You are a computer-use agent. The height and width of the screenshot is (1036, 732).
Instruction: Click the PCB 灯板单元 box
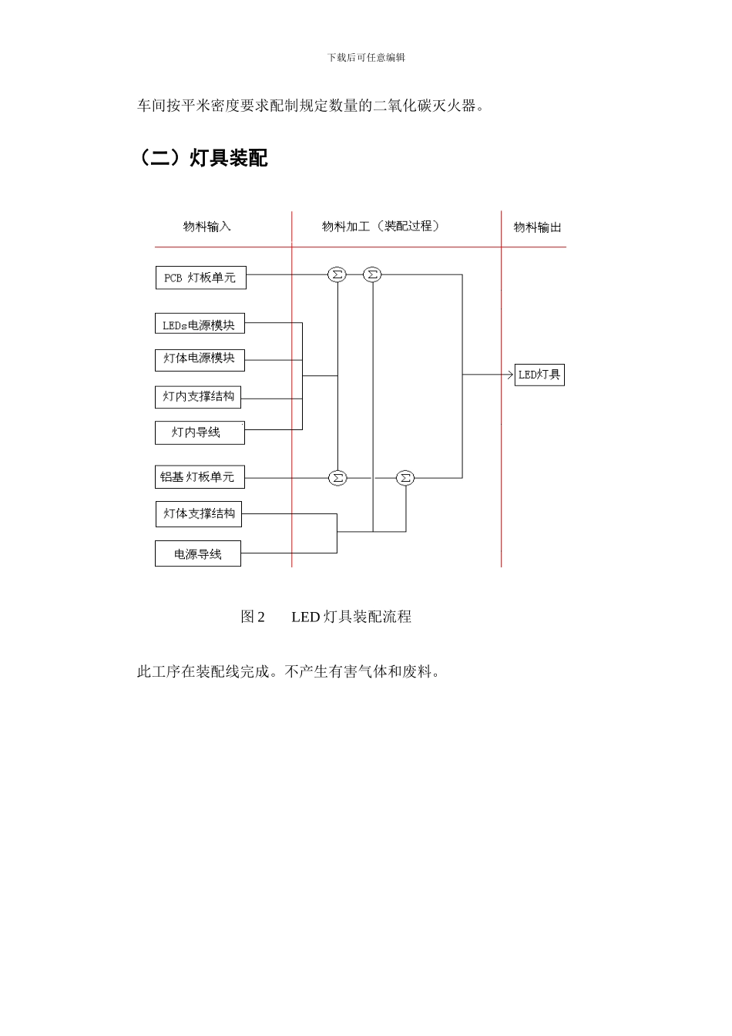point(200,277)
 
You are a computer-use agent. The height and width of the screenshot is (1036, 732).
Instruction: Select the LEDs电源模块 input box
point(200,325)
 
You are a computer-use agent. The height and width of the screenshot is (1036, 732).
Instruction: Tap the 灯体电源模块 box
point(200,358)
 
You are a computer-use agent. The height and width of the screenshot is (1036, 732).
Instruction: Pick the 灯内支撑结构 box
point(198,397)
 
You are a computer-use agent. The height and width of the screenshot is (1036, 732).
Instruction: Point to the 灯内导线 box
point(200,432)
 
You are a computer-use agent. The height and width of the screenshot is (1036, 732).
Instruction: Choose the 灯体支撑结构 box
point(199,514)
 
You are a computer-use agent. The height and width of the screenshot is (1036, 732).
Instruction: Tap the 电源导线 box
point(198,554)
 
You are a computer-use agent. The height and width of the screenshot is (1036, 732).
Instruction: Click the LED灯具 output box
point(539,375)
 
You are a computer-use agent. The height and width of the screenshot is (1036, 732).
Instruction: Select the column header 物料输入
point(207,227)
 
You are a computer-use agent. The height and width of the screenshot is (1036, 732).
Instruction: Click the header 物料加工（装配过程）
point(381,227)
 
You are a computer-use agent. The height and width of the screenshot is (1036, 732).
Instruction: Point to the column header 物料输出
point(537,227)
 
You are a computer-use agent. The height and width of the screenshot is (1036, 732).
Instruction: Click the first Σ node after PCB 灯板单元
point(337,274)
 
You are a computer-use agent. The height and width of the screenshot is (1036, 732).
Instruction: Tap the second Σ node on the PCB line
point(372,274)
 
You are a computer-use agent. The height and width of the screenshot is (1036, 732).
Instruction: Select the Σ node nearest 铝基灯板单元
point(337,478)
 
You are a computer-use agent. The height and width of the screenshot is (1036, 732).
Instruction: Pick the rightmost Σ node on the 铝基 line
point(405,478)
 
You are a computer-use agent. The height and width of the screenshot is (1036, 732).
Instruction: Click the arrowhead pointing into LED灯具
point(509,375)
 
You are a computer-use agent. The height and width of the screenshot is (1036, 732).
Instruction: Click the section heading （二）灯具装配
point(203,158)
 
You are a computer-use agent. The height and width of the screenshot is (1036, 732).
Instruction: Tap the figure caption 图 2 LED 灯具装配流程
point(326,617)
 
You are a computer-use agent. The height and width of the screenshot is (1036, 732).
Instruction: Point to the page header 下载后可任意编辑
point(366,58)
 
